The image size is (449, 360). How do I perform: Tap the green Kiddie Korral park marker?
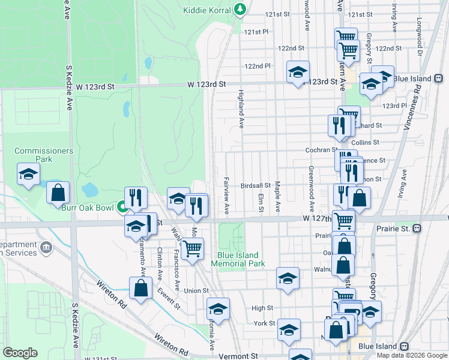point(240,9)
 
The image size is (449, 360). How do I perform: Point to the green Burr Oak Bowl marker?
point(122,208)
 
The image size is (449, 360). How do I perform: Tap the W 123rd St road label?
point(209,86)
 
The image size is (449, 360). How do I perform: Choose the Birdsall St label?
point(255,186)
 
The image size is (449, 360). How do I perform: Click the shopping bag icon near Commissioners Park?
point(58,193)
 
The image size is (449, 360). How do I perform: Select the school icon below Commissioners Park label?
point(28,174)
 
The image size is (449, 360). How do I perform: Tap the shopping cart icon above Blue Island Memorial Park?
point(191,248)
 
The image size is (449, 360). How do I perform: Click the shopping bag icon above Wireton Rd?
point(140,288)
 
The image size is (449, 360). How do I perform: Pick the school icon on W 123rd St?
point(298,73)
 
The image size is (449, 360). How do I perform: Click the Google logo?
point(20,353)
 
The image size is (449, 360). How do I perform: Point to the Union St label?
point(196,291)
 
